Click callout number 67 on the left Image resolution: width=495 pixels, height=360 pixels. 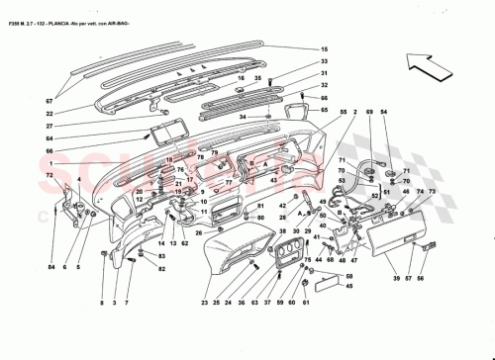(x=47, y=99)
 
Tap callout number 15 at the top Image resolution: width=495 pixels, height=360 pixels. (x=323, y=49)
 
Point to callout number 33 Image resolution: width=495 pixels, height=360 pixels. (x=323, y=62)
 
